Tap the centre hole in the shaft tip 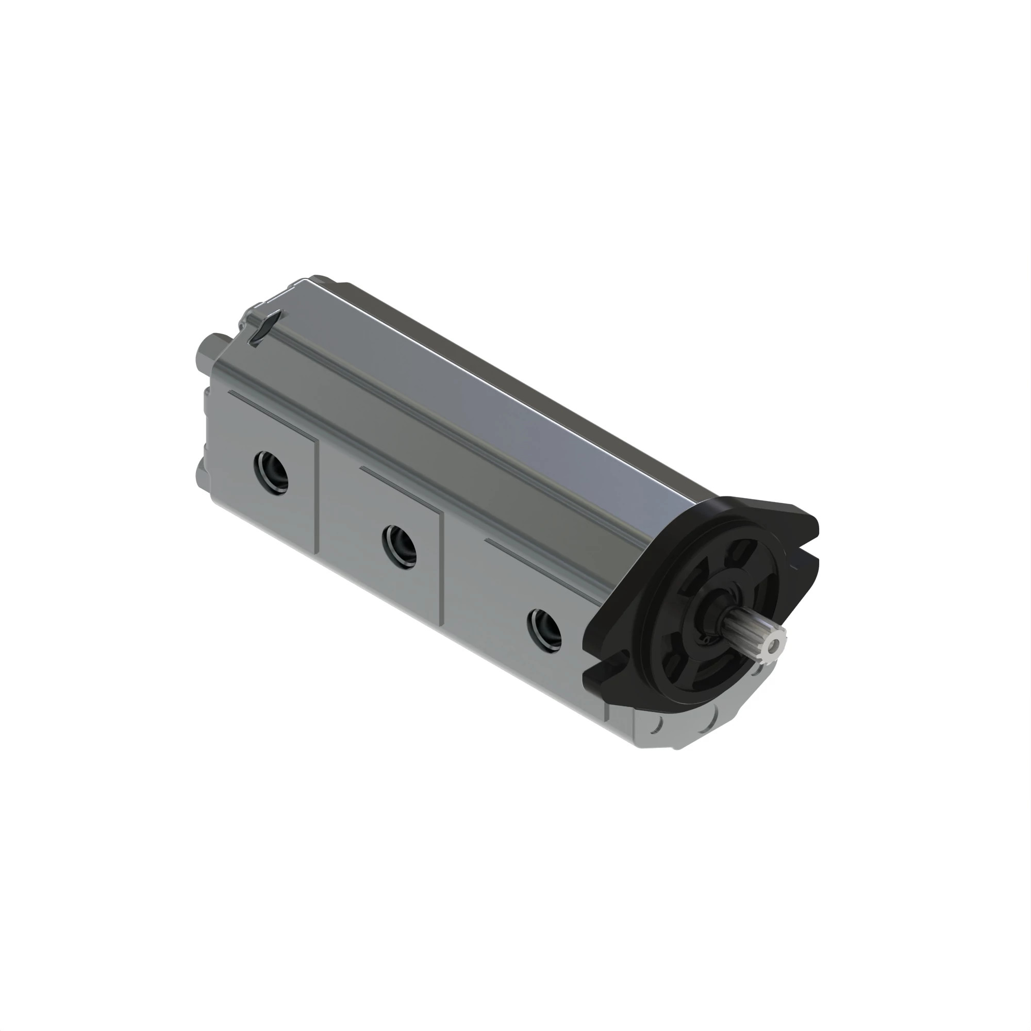click(772, 646)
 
